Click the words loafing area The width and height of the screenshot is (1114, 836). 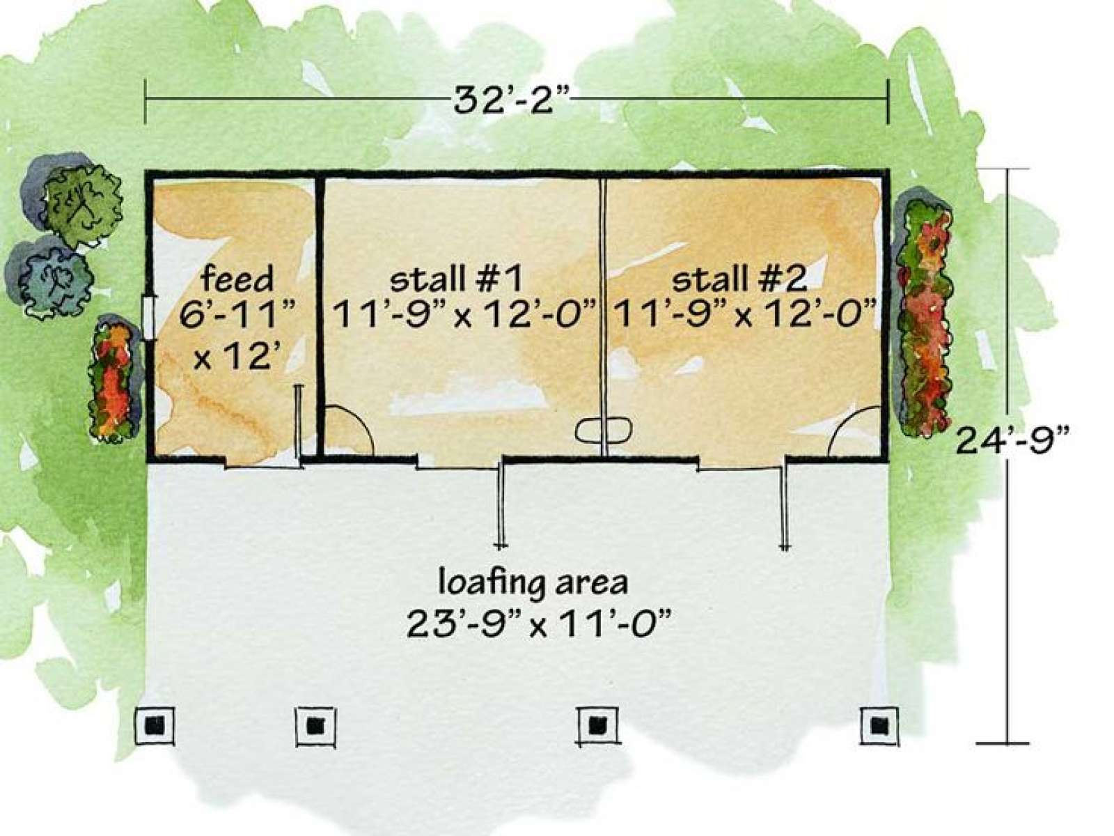point(533,582)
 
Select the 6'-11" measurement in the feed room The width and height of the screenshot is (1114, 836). point(237,316)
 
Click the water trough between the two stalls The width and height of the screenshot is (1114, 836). point(604,431)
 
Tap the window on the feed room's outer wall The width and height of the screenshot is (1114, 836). point(148,318)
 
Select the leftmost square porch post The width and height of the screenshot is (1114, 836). point(155,725)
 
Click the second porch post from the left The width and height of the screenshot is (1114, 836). point(315,727)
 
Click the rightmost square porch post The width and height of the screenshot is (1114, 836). point(879,726)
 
